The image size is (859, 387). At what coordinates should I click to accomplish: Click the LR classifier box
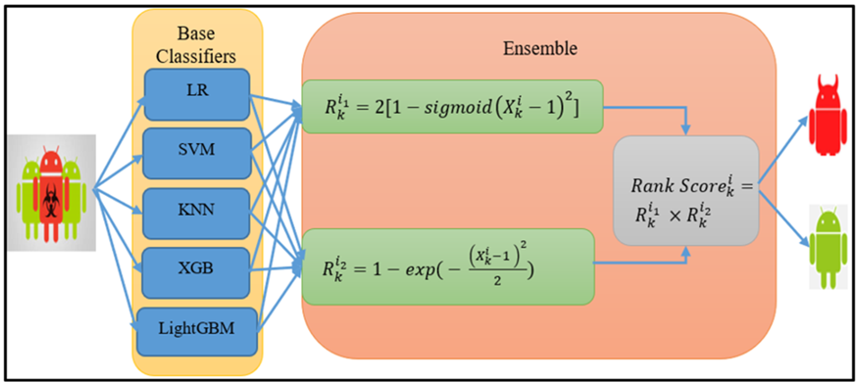coord(197,95)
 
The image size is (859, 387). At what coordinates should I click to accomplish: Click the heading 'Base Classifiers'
coord(196,45)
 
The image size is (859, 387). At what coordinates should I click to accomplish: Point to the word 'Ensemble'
coord(540,49)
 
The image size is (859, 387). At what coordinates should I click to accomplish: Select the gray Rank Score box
coord(686,190)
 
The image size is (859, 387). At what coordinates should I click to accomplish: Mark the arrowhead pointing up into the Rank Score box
coord(686,251)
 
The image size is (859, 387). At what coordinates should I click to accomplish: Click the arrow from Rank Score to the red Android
coord(783,150)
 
